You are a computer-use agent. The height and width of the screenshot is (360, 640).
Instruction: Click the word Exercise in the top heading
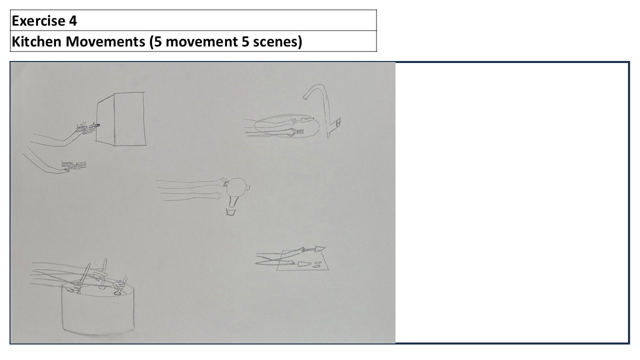pyautogui.click(x=38, y=21)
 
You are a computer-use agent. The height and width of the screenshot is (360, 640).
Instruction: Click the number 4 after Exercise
pyautogui.click(x=73, y=21)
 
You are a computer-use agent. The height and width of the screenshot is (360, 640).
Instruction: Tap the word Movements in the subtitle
pyautogui.click(x=105, y=41)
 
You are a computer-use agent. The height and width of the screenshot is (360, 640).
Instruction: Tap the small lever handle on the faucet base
pyautogui.click(x=338, y=122)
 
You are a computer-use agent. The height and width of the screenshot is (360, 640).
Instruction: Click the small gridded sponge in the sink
pyautogui.click(x=299, y=131)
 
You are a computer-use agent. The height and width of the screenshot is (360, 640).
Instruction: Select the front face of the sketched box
pyautogui.click(x=129, y=119)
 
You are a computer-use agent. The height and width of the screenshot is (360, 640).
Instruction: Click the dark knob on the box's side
pyautogui.click(x=97, y=125)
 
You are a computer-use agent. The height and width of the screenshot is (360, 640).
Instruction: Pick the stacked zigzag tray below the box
pyautogui.click(x=74, y=165)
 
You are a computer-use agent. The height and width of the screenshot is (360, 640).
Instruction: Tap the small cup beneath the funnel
pyautogui.click(x=230, y=212)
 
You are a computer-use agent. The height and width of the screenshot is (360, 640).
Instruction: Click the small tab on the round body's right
pyautogui.click(x=248, y=187)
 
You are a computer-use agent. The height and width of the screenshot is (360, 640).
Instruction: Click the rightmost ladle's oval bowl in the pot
pyautogui.click(x=117, y=293)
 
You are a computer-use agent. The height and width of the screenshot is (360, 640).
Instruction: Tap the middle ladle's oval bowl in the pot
pyautogui.click(x=101, y=287)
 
